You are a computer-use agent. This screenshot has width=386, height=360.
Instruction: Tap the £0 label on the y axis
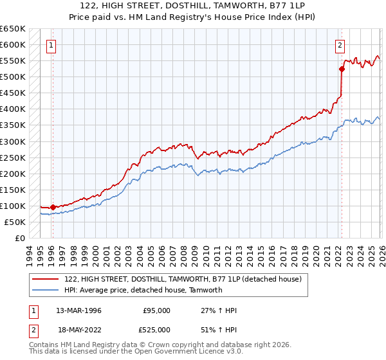tap(20, 238)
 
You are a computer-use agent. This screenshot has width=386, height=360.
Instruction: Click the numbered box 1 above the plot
tap(51, 45)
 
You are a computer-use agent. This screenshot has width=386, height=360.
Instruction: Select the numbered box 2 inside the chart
tap(339, 45)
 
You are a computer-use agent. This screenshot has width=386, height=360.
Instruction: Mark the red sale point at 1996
tap(53, 207)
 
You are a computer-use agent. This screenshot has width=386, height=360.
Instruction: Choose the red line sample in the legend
tap(46, 279)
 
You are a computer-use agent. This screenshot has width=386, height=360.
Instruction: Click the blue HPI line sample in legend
tap(46, 290)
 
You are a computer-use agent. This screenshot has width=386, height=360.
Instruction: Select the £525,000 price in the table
tap(156, 329)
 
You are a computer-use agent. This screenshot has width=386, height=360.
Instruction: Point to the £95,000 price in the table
tap(156, 310)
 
